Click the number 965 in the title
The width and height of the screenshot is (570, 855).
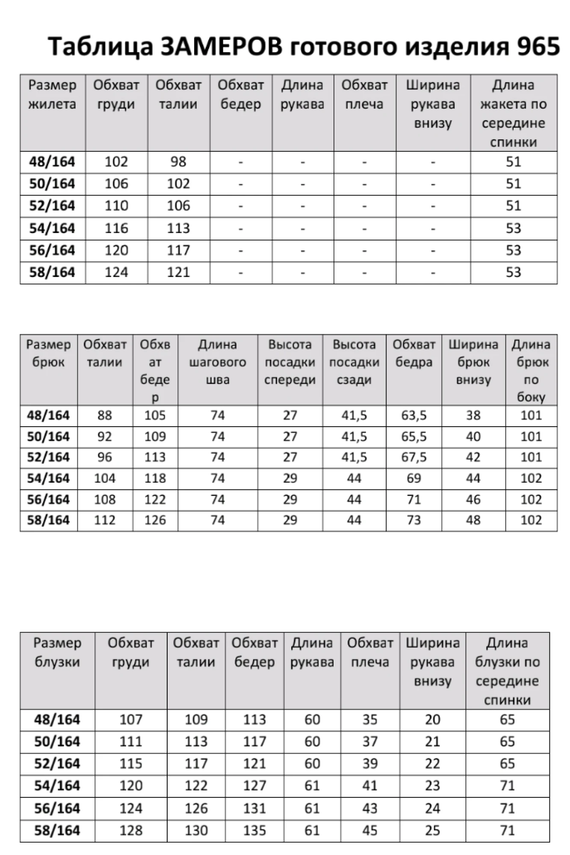point(538,46)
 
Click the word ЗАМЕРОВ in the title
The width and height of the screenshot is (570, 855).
point(221,46)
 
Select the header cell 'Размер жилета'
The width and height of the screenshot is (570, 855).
point(52,94)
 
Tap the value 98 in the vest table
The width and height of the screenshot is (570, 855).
point(178,162)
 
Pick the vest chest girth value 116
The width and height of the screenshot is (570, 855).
point(116,228)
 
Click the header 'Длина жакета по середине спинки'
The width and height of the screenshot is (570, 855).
point(513,113)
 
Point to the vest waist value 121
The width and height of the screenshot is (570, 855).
point(178,272)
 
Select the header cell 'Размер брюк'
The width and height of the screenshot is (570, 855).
point(48,353)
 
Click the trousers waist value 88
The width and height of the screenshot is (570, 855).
point(105,415)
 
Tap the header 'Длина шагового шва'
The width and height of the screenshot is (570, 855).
point(218,362)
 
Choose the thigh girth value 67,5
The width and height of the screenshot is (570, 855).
point(414,457)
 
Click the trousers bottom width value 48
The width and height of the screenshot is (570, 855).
point(473,520)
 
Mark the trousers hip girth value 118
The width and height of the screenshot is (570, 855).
point(155,478)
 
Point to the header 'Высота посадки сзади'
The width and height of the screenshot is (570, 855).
point(354,362)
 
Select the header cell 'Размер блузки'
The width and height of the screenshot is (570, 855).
point(57,652)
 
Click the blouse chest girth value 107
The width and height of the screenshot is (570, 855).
point(131,719)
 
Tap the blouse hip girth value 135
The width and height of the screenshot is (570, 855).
point(254,830)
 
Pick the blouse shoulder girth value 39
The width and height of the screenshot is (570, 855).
point(370,764)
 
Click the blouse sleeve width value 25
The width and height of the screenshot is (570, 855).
point(433,830)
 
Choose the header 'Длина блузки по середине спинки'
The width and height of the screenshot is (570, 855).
point(507,671)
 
